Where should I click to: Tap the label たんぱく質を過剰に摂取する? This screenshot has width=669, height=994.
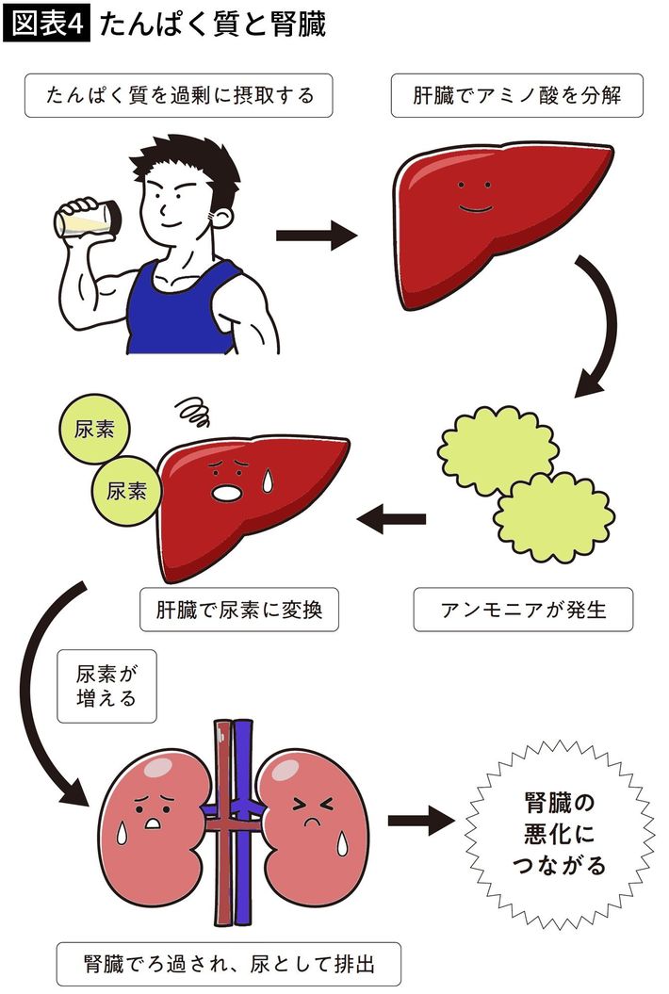[178, 96]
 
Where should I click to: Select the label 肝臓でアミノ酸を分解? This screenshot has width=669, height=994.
[516, 96]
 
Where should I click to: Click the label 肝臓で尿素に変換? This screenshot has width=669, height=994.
[238, 610]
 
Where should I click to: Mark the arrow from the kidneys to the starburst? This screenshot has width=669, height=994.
[420, 820]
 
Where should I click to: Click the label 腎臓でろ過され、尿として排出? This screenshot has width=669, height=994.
[229, 965]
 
